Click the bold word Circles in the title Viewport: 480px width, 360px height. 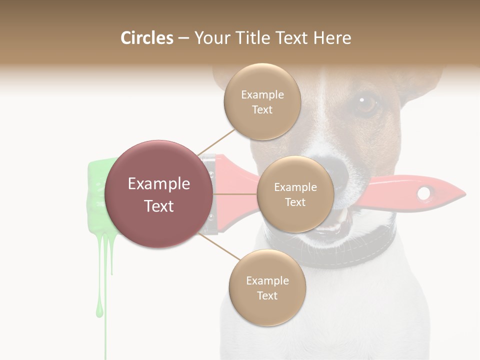[x=147, y=38]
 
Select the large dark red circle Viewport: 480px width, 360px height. [x=159, y=194]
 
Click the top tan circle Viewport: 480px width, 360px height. [x=262, y=102]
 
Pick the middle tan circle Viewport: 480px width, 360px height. [x=295, y=194]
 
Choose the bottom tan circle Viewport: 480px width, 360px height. [x=267, y=287]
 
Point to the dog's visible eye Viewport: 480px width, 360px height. [x=366, y=103]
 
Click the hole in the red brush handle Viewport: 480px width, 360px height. [x=424, y=193]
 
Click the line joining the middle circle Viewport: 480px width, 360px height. [x=235, y=194]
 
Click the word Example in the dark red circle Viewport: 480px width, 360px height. [x=159, y=184]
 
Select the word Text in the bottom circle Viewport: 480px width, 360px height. [x=267, y=295]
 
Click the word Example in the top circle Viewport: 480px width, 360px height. [x=262, y=95]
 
